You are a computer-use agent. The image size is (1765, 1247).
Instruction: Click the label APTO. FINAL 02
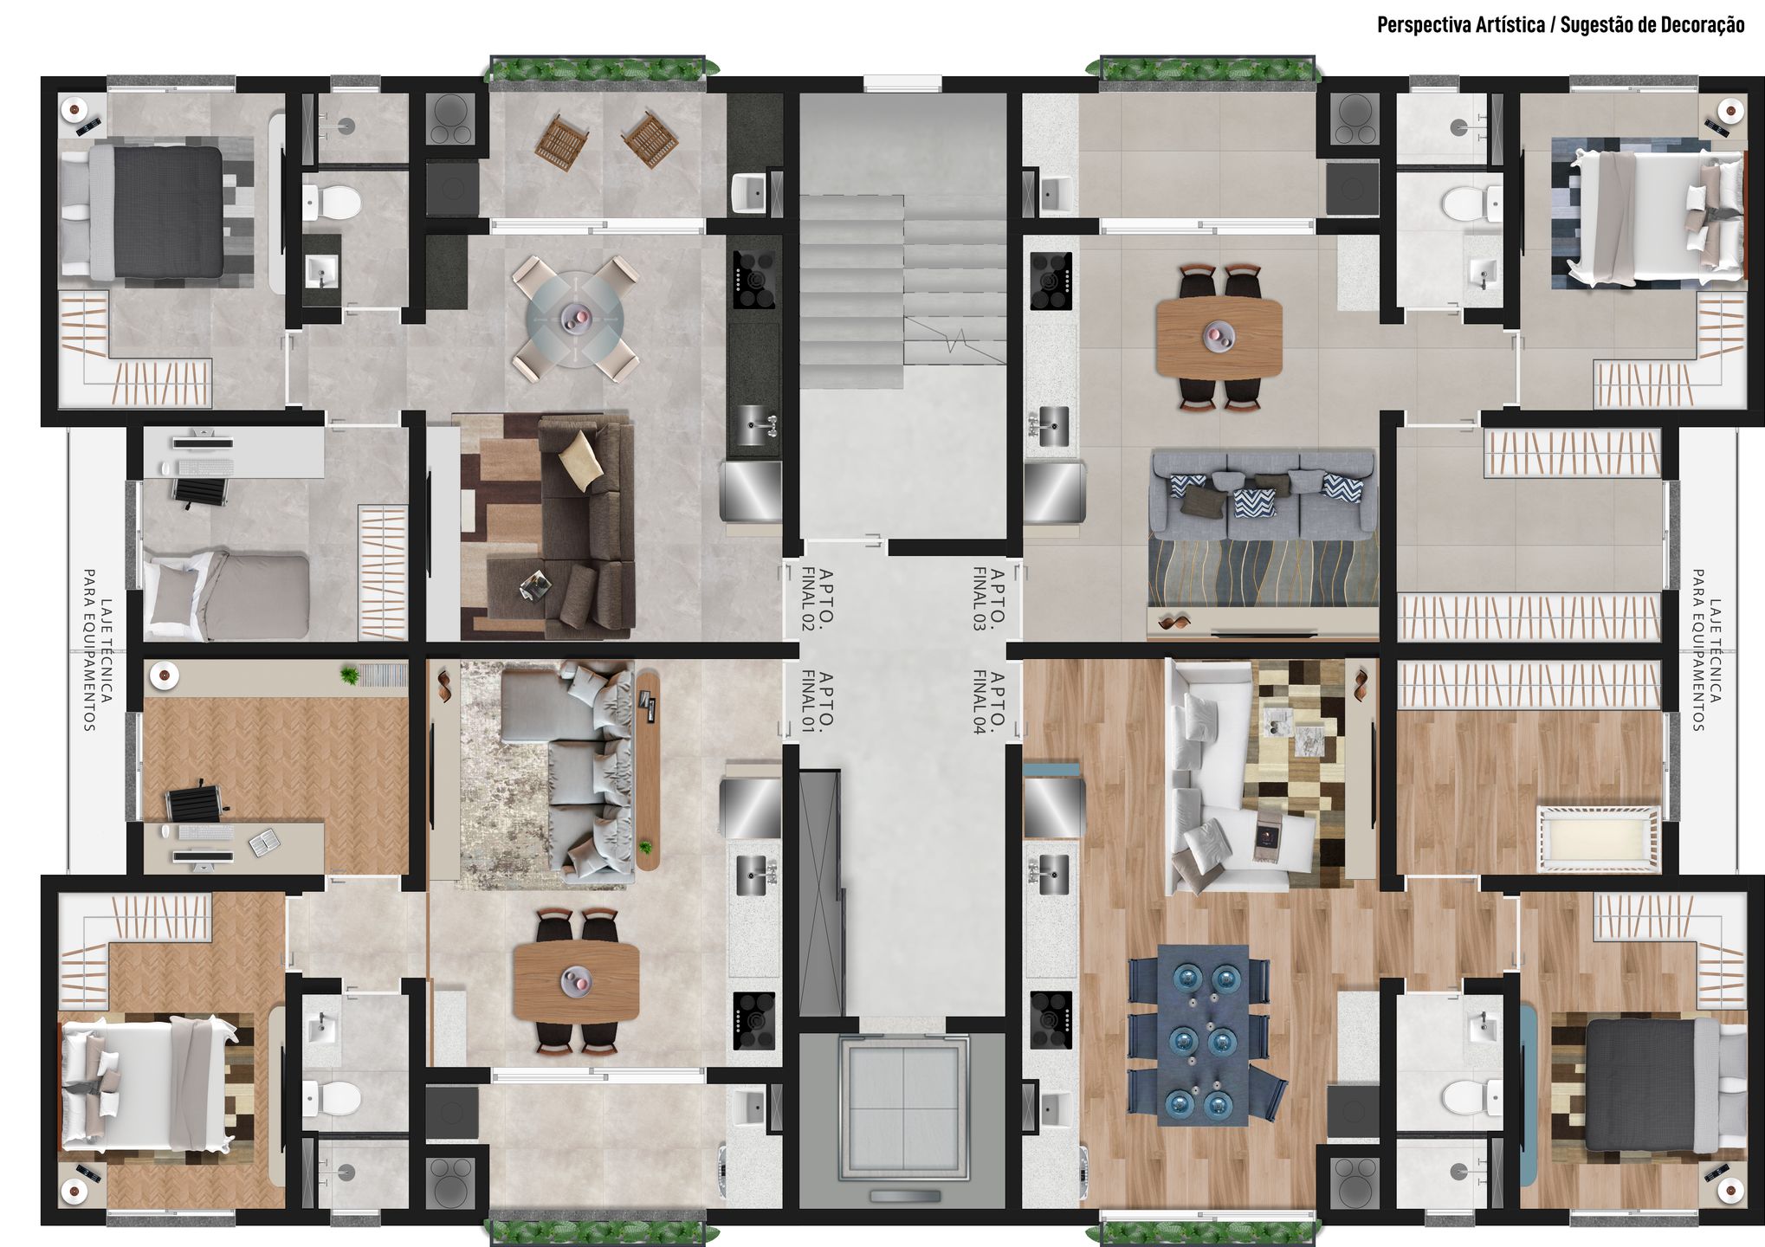pos(818,599)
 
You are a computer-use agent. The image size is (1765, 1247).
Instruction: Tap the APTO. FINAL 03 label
pos(988,599)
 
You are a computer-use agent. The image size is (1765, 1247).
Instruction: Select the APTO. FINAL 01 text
pos(818,701)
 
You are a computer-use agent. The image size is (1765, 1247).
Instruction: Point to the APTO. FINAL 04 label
pos(988,701)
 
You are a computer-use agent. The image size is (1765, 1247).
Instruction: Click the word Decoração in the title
pos(1698,25)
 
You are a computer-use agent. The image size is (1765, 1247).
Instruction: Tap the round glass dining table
pos(574,319)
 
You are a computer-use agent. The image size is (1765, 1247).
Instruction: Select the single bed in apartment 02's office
pos(227,596)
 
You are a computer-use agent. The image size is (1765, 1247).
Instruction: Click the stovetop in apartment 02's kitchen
pos(753,280)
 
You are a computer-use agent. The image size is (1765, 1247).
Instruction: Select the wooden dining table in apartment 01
pos(576,980)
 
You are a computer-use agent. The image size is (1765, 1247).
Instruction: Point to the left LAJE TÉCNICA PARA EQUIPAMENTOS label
pos(96,650)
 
